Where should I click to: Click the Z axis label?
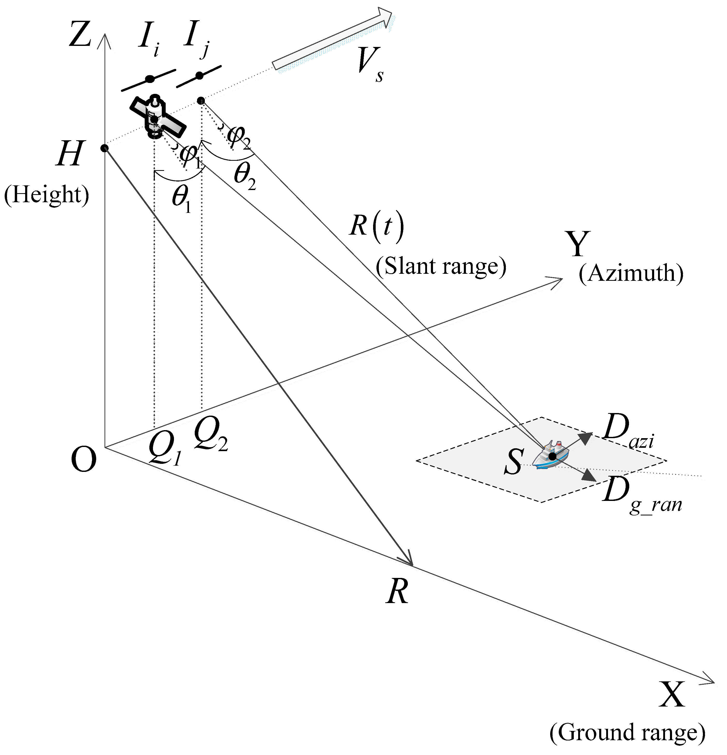[80, 35]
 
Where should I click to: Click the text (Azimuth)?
[631, 274]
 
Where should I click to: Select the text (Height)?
[46, 194]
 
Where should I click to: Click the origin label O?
[83, 460]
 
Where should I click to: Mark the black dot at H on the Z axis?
[104, 148]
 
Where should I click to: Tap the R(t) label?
[376, 227]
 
